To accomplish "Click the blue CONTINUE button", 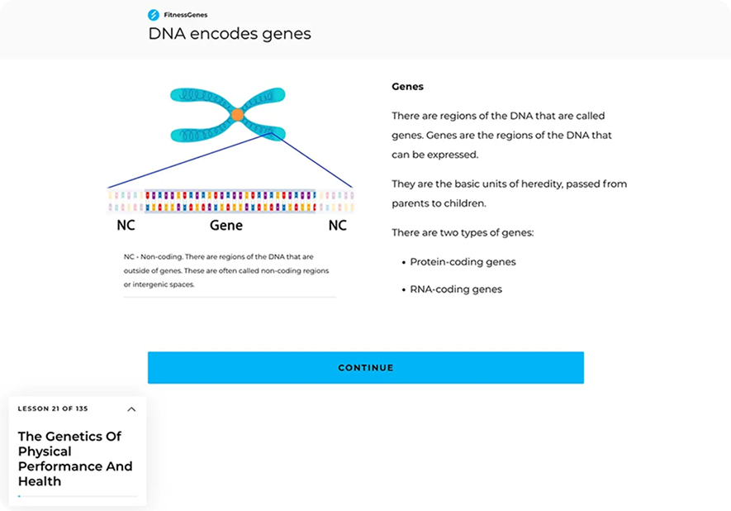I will coord(365,367).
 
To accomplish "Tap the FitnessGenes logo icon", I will coord(153,15).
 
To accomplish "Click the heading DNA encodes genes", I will coord(229,34).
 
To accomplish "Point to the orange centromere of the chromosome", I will coord(237,115).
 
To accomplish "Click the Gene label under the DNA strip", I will coord(226,225).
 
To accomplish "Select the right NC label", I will coord(338,225).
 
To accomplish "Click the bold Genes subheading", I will coord(407,87).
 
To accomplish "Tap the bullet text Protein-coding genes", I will coord(463,262).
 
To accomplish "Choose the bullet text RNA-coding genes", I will coord(456,289).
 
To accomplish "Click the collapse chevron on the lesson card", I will coord(131,409).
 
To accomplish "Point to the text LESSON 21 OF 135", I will coord(53,409).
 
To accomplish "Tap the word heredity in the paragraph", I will coord(537,184).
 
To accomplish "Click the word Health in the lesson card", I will coord(40,481).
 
